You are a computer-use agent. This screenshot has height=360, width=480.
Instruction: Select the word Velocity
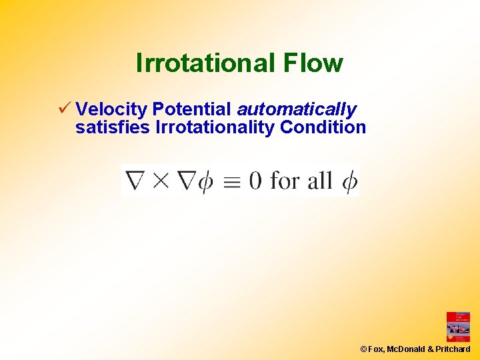(x=111, y=109)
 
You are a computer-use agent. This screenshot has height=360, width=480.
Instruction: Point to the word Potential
(x=192, y=109)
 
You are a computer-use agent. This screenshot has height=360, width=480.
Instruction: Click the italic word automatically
(x=297, y=109)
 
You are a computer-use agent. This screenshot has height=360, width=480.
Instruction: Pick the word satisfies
(x=113, y=127)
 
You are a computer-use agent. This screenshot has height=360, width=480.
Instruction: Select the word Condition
(x=323, y=127)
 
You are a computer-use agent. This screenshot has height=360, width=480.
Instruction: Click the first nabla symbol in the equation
(x=136, y=181)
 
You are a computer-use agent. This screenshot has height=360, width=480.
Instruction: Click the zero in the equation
(x=255, y=181)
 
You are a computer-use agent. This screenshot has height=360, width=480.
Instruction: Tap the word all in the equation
(x=319, y=180)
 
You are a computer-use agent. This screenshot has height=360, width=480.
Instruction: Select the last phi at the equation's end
(x=349, y=181)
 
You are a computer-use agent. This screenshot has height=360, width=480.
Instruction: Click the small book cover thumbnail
(x=458, y=327)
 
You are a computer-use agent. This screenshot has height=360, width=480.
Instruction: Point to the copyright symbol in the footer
(x=363, y=349)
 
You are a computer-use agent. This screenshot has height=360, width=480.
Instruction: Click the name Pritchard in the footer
(x=453, y=349)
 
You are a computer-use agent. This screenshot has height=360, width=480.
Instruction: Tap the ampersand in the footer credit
(x=430, y=349)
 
